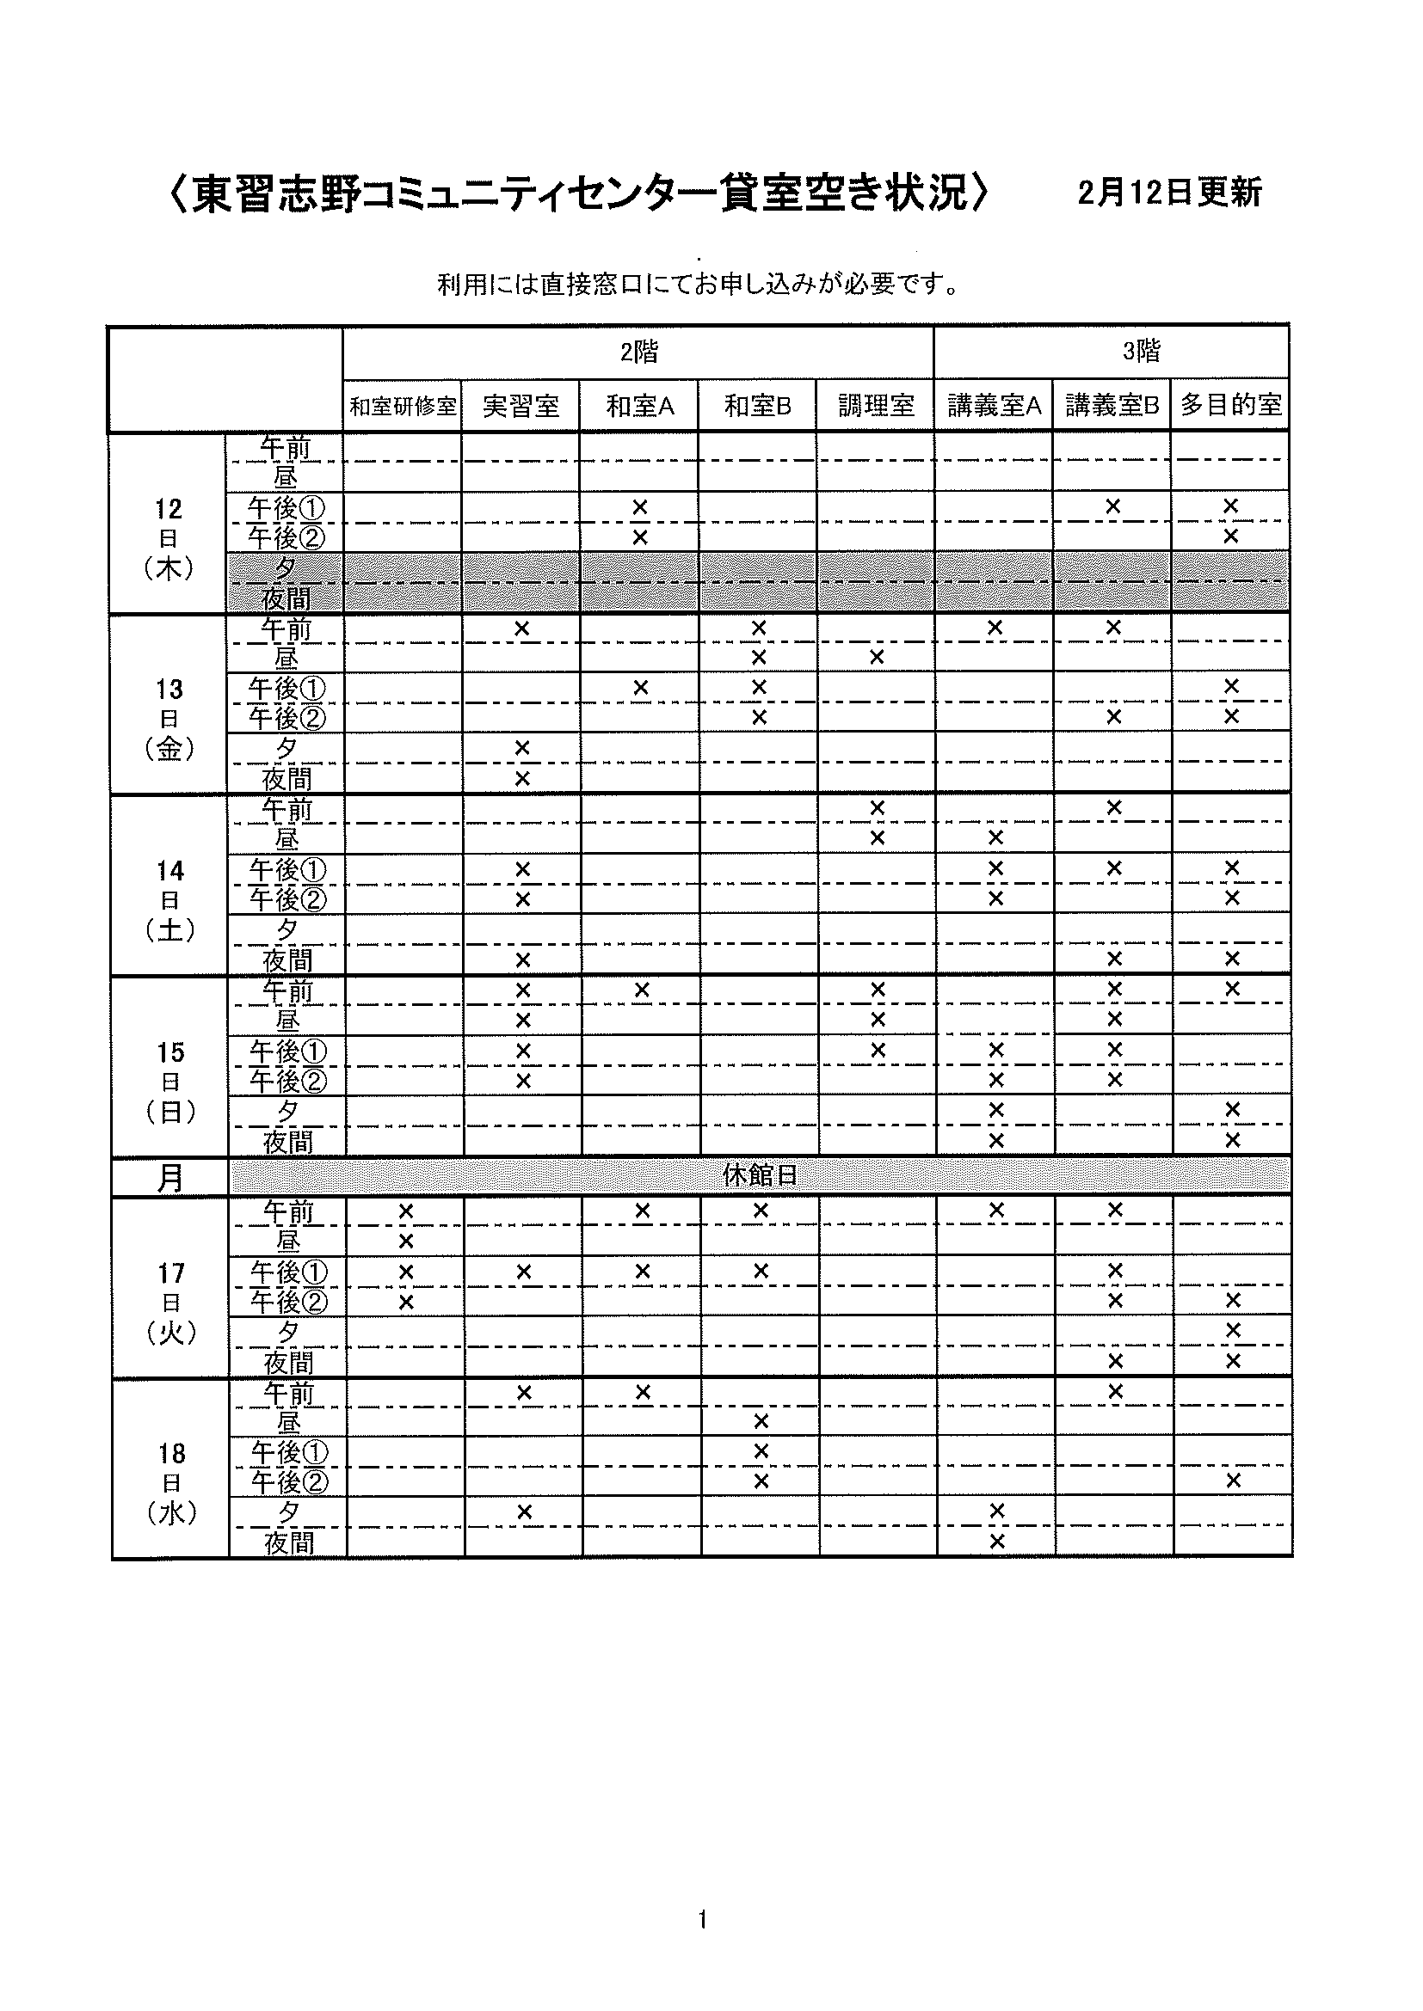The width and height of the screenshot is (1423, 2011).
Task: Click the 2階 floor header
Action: tap(638, 353)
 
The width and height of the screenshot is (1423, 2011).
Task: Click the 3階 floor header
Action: tap(1141, 353)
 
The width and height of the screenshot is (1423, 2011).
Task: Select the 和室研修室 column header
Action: tap(403, 407)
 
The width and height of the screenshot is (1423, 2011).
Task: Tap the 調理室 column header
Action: tap(876, 406)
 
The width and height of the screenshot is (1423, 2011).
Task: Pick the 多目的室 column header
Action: tap(1230, 406)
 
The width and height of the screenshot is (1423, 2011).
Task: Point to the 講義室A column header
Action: tap(995, 406)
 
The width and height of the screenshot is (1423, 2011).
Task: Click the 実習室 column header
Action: tap(521, 407)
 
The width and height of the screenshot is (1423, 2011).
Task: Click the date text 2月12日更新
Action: tap(1170, 193)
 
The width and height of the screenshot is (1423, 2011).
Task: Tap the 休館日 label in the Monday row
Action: tap(760, 1175)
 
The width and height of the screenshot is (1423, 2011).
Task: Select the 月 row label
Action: tap(170, 1178)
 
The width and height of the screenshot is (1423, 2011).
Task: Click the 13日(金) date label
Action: tap(169, 719)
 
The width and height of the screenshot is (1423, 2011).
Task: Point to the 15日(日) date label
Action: tap(171, 1082)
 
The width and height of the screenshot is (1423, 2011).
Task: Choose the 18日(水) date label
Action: tap(172, 1483)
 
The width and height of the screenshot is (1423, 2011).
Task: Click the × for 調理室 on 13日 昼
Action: tap(877, 657)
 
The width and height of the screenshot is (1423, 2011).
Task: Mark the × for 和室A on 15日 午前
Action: tap(642, 990)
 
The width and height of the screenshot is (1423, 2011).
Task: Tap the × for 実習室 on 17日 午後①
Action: tap(524, 1271)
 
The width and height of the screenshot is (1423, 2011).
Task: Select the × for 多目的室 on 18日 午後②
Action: tap(1233, 1481)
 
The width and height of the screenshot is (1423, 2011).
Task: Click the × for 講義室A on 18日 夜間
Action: tap(996, 1541)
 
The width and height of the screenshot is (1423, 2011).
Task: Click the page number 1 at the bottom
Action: tap(703, 1920)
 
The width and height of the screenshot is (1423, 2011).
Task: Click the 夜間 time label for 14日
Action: tap(287, 961)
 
